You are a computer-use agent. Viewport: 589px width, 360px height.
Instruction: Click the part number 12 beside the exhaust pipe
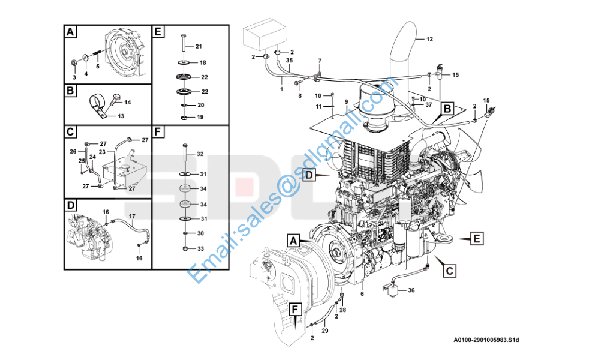(429, 40)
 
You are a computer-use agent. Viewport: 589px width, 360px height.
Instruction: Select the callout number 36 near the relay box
(411, 290)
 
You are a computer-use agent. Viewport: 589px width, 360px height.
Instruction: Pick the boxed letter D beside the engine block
(309, 175)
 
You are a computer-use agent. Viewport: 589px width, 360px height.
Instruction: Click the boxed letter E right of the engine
(476, 239)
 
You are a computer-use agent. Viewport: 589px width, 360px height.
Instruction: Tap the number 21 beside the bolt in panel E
(199, 47)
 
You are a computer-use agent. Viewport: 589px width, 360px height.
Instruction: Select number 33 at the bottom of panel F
(201, 248)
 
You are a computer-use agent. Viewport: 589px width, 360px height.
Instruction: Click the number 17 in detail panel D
(133, 215)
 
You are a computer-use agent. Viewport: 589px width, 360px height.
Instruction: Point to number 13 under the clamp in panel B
(121, 116)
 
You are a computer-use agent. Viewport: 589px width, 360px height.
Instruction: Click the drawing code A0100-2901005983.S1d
(486, 340)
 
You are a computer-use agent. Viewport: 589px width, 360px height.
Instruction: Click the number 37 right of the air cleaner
(428, 104)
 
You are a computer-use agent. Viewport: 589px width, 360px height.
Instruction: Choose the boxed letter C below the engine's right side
(448, 271)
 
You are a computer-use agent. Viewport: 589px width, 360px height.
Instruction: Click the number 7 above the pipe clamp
(320, 61)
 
